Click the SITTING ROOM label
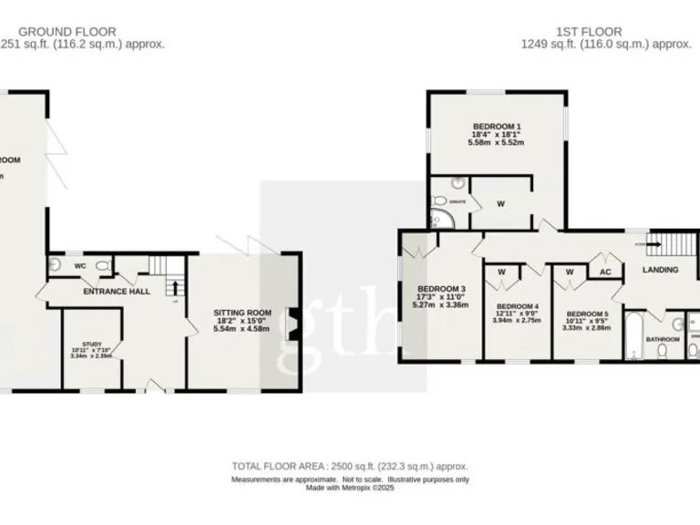pyautogui.click(x=242, y=312)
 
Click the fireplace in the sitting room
pyautogui.click(x=292, y=325)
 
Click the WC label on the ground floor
pyautogui.click(x=79, y=266)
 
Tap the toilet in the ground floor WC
pyautogui.click(x=102, y=265)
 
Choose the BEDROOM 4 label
pyautogui.click(x=516, y=305)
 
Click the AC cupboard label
pyautogui.click(x=603, y=271)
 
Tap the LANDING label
pyautogui.click(x=660, y=271)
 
